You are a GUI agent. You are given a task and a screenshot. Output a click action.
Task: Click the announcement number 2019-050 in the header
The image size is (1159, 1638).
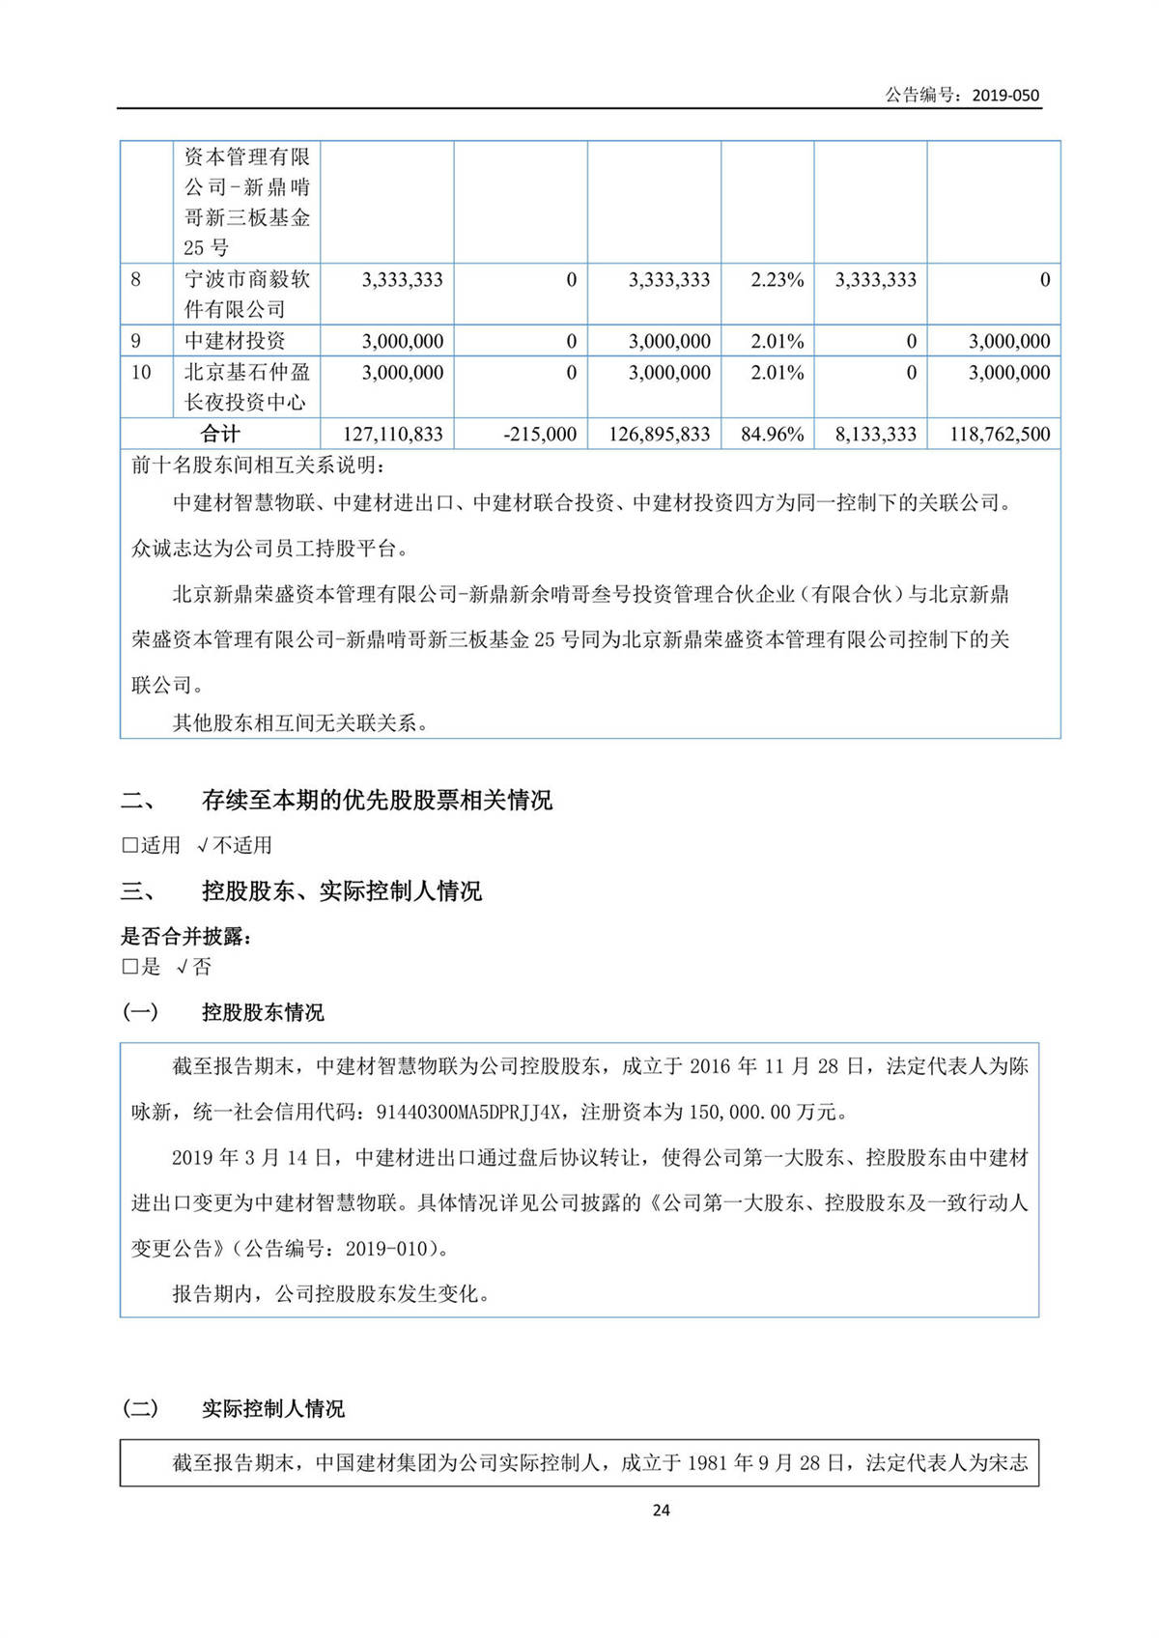(1005, 95)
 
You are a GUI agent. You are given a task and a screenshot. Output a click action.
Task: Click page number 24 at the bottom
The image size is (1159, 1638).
(661, 1510)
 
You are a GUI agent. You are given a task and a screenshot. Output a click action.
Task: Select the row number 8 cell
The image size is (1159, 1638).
(136, 280)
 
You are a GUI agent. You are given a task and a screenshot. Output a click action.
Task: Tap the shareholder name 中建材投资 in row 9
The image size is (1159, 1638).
(235, 341)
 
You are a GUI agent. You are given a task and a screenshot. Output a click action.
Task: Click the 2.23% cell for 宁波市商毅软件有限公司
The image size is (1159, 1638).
(777, 280)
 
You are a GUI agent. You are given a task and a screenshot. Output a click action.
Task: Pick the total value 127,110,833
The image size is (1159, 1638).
(393, 435)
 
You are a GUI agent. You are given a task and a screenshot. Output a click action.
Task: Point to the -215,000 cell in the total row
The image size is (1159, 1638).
(540, 435)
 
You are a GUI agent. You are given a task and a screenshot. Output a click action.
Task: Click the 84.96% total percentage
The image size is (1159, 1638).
(773, 435)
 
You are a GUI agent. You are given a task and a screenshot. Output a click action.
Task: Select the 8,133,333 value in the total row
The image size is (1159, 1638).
(875, 435)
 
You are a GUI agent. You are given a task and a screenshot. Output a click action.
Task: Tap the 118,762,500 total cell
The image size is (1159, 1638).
(1000, 435)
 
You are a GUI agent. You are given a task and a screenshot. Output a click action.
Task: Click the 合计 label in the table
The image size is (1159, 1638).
(220, 434)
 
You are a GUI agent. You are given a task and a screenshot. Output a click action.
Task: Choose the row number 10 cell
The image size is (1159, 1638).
(141, 373)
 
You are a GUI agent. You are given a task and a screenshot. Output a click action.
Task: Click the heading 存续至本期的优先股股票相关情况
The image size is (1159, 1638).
(377, 800)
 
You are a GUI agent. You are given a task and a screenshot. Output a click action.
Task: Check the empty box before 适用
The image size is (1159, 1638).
(129, 846)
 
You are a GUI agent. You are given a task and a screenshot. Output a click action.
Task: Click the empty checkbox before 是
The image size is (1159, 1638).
(129, 967)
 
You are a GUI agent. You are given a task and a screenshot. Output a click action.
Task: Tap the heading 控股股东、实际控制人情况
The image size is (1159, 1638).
(341, 890)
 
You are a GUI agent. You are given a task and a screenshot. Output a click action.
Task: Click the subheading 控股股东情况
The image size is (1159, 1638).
(263, 1012)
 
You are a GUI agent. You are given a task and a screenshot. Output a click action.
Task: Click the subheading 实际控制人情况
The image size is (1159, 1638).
(272, 1409)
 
